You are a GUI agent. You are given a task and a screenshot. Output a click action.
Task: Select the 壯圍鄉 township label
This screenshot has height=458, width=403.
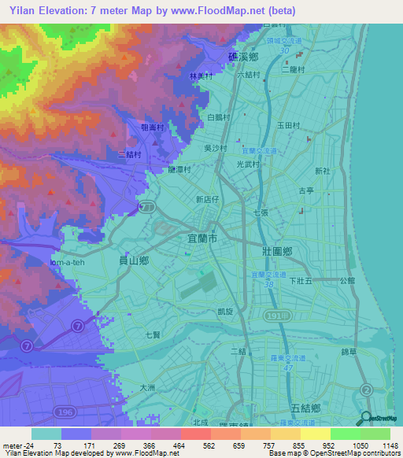pos(276,251)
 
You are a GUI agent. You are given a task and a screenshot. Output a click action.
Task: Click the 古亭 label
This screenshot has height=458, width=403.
pos(306,190)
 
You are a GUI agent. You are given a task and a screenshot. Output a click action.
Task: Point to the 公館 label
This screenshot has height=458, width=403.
pos(347,279)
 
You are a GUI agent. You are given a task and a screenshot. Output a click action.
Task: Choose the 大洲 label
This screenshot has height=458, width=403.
pos(147,387)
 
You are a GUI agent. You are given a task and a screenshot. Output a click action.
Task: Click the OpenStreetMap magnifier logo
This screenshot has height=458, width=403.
pos(367,419)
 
